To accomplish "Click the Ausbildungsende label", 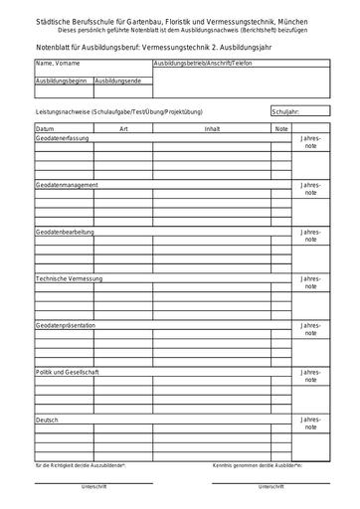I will coord(116,80).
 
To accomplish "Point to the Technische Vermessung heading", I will coord(69,278).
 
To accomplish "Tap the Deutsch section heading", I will coord(48,419).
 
